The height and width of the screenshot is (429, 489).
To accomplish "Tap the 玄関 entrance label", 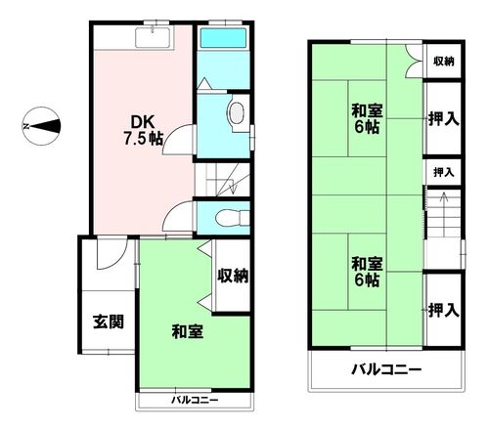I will point(108,322).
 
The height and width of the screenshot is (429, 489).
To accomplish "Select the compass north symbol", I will point(41,124).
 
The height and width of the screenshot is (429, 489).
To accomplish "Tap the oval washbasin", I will point(235,114).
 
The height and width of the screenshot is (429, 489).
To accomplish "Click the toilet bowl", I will point(226,216).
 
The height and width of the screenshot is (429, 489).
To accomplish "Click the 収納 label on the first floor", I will point(232,276).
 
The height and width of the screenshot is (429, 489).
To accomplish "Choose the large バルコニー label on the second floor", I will point(386,370).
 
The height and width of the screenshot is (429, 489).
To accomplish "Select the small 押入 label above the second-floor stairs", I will point(443,173).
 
